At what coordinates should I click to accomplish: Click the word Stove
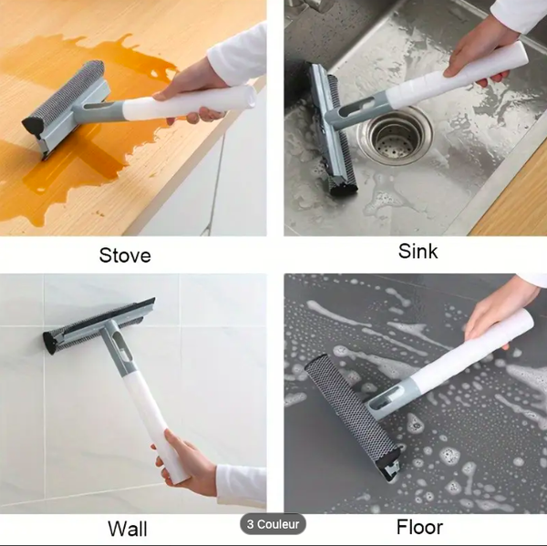pos(125,255)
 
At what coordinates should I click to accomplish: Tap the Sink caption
pos(418,252)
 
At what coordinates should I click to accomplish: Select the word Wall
pos(128,528)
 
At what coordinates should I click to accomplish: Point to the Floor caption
pos(419,527)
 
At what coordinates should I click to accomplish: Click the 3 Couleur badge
pos(273,524)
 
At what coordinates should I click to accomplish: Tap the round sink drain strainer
pos(395,134)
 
